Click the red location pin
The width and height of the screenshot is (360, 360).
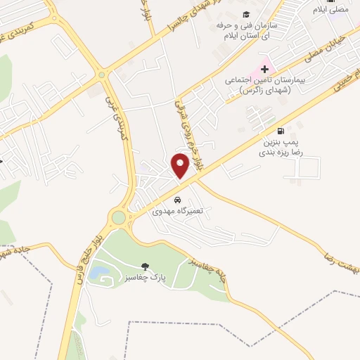tap(181, 165)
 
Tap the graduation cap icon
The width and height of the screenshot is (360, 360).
tap(246, 15)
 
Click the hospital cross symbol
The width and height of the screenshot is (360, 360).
tap(264, 69)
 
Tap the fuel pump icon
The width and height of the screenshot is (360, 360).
tap(282, 130)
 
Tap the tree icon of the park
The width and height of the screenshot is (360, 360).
tap(145, 266)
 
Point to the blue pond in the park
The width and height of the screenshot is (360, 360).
tap(99, 271)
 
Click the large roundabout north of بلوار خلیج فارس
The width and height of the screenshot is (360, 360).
tap(118, 217)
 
